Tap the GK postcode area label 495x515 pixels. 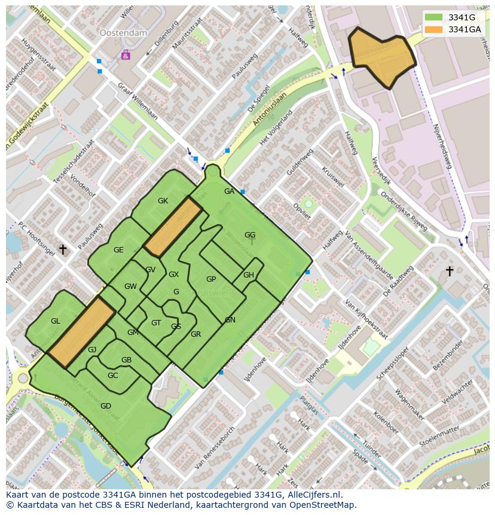[163, 201]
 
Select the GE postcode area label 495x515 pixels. [118, 250]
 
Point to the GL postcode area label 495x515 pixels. [56, 321]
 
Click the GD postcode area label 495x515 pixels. [106, 406]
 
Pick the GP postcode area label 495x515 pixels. [211, 279]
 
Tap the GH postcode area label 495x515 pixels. [249, 275]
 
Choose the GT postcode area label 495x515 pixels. [156, 323]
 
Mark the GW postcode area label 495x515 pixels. [130, 287]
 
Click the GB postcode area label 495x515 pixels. [126, 360]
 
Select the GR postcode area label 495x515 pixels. [195, 334]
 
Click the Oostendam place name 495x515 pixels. [123, 33]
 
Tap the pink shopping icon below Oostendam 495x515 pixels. [126, 55]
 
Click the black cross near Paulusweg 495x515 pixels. [63, 249]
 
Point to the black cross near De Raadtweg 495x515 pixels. [450, 272]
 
